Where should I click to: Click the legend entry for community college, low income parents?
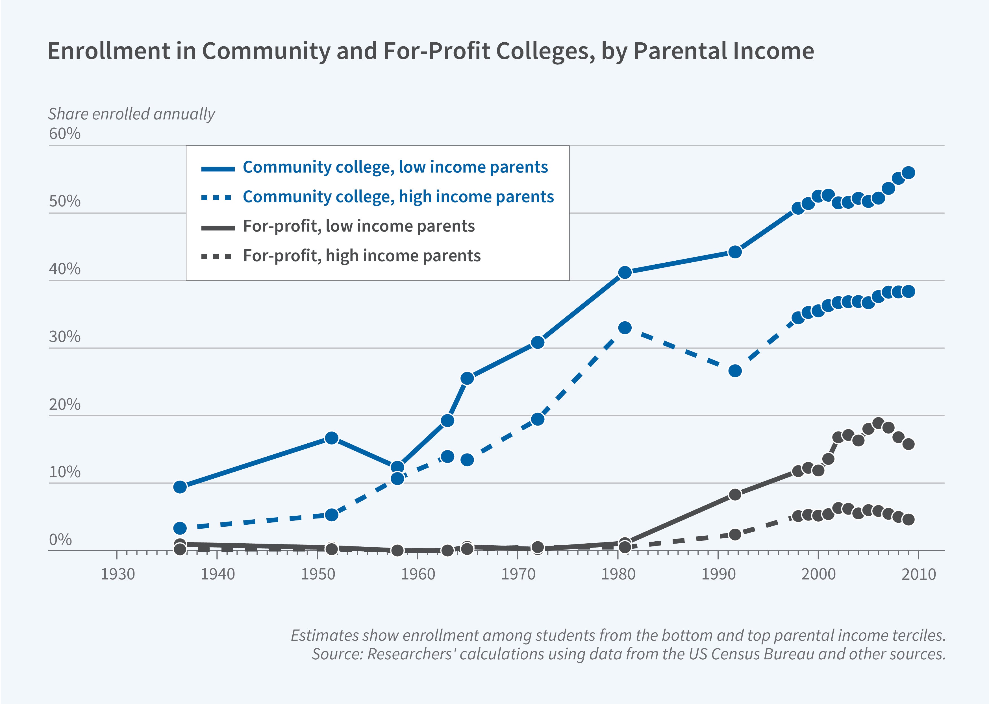click(x=395, y=167)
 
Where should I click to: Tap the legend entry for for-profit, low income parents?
click(x=358, y=226)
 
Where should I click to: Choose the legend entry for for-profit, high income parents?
click(x=362, y=256)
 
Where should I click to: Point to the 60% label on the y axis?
click(x=65, y=134)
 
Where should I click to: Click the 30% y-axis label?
click(x=65, y=337)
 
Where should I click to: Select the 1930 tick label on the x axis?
click(x=118, y=574)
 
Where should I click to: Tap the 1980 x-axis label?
click(x=618, y=574)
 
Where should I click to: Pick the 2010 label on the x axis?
click(x=918, y=574)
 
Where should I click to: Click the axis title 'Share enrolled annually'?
click(x=131, y=114)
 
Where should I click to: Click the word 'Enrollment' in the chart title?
click(x=108, y=51)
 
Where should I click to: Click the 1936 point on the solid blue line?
click(x=180, y=487)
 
